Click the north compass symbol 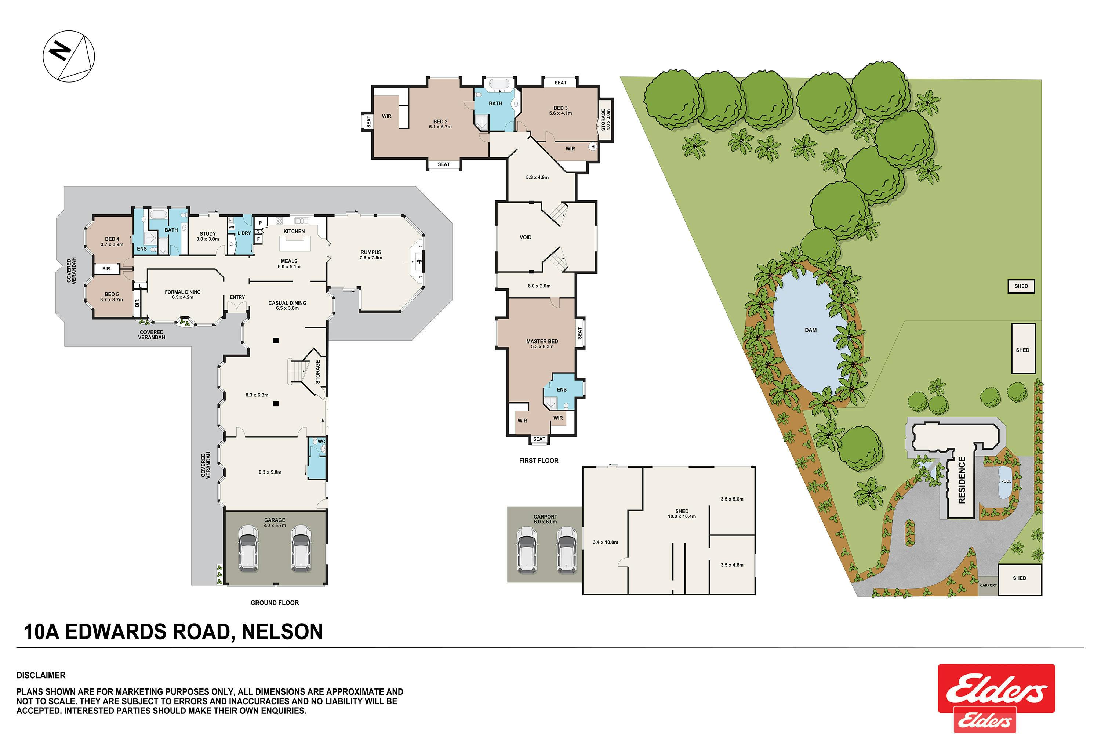click(x=69, y=56)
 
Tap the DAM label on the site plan click(x=810, y=330)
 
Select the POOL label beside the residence click(x=1006, y=481)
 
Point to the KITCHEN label click(x=294, y=231)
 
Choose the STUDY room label click(x=208, y=233)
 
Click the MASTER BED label click(x=542, y=341)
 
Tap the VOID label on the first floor click(x=525, y=237)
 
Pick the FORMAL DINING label click(x=182, y=292)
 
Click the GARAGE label click(x=274, y=520)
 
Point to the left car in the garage click(x=248, y=548)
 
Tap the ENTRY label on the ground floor click(x=237, y=297)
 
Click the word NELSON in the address click(x=282, y=632)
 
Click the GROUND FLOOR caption click(x=274, y=603)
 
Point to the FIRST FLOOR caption click(x=538, y=461)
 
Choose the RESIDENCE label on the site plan click(x=962, y=480)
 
